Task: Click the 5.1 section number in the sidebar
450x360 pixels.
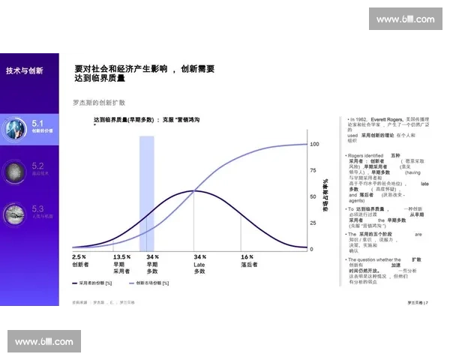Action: point(38,121)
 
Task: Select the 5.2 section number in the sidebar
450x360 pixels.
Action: point(38,165)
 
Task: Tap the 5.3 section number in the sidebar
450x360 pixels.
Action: point(38,208)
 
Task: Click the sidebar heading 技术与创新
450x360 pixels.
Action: point(24,70)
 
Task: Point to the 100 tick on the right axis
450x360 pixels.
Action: point(315,143)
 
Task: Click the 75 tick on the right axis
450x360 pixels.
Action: point(313,170)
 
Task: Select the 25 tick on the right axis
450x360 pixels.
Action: point(313,223)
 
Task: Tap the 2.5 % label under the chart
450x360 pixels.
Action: point(79,256)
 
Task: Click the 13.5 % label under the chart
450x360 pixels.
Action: point(121,256)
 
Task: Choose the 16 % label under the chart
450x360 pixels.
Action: point(247,256)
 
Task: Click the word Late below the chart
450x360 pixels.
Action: point(199,264)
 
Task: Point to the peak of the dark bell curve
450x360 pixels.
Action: point(194,190)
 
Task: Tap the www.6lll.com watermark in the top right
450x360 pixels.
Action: point(405,19)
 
